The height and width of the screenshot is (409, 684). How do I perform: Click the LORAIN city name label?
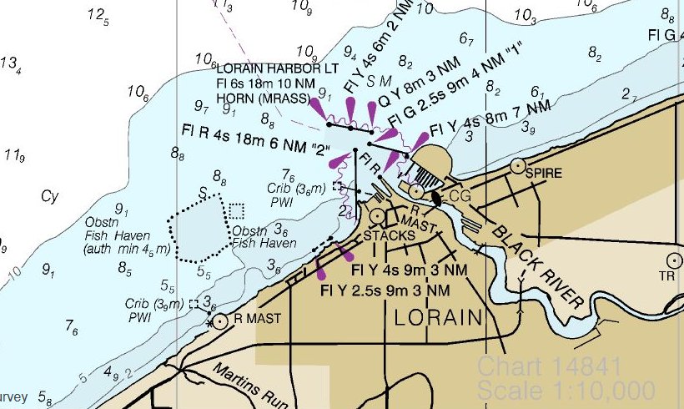[x=438, y=318]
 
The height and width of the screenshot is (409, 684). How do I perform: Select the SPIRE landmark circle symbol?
[x=518, y=165]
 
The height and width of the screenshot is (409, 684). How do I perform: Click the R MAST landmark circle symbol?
[x=219, y=321]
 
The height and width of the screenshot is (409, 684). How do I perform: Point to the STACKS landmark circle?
[x=378, y=216]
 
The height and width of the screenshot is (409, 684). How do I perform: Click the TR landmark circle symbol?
[x=675, y=260]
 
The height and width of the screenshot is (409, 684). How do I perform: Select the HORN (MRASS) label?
[x=263, y=98]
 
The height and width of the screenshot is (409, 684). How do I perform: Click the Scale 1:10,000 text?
[x=566, y=389]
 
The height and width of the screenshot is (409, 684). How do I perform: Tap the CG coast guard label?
[x=460, y=195]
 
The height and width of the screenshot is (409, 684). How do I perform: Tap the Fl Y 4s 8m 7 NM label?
[x=490, y=119]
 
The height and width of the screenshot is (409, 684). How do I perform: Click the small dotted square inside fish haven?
[x=237, y=210]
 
